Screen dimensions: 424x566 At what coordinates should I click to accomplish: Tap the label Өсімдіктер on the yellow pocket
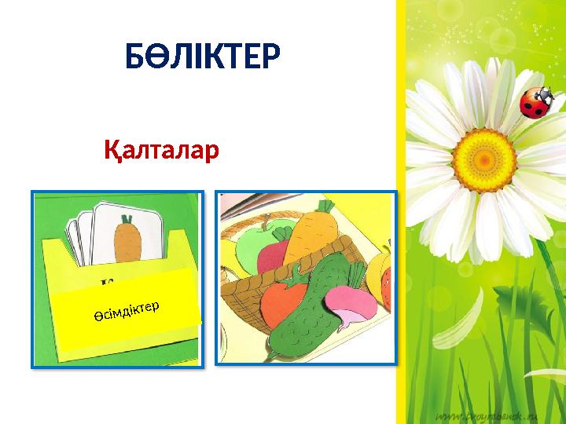pyautogui.click(x=123, y=306)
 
